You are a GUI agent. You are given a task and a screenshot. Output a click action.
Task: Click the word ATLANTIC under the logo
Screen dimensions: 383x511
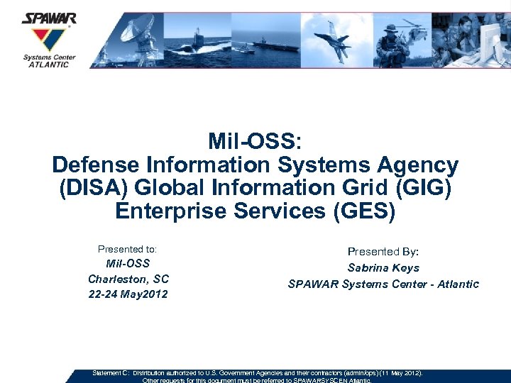click(x=49, y=65)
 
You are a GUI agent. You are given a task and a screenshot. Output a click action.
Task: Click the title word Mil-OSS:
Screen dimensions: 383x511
click(x=255, y=142)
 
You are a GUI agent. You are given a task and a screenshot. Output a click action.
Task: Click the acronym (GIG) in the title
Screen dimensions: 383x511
click(x=422, y=189)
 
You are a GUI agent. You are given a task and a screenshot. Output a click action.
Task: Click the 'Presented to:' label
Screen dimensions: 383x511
click(x=127, y=249)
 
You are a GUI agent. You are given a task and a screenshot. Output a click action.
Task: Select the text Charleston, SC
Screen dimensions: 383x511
click(x=128, y=279)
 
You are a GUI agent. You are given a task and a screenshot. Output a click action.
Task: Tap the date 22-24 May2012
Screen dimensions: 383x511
click(x=128, y=294)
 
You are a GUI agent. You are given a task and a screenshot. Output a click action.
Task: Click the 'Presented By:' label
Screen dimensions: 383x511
click(x=383, y=252)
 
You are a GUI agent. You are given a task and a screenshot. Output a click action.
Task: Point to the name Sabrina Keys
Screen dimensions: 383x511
click(x=383, y=268)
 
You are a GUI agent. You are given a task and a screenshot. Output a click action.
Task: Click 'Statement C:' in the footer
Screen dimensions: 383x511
click(x=110, y=372)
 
